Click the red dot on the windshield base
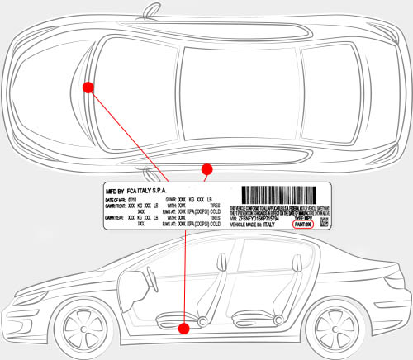tap(88, 86)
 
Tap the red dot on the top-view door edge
tap(207, 168)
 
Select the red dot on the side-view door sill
tap(184, 328)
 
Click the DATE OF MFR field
tap(121, 199)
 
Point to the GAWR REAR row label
tap(115, 216)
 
